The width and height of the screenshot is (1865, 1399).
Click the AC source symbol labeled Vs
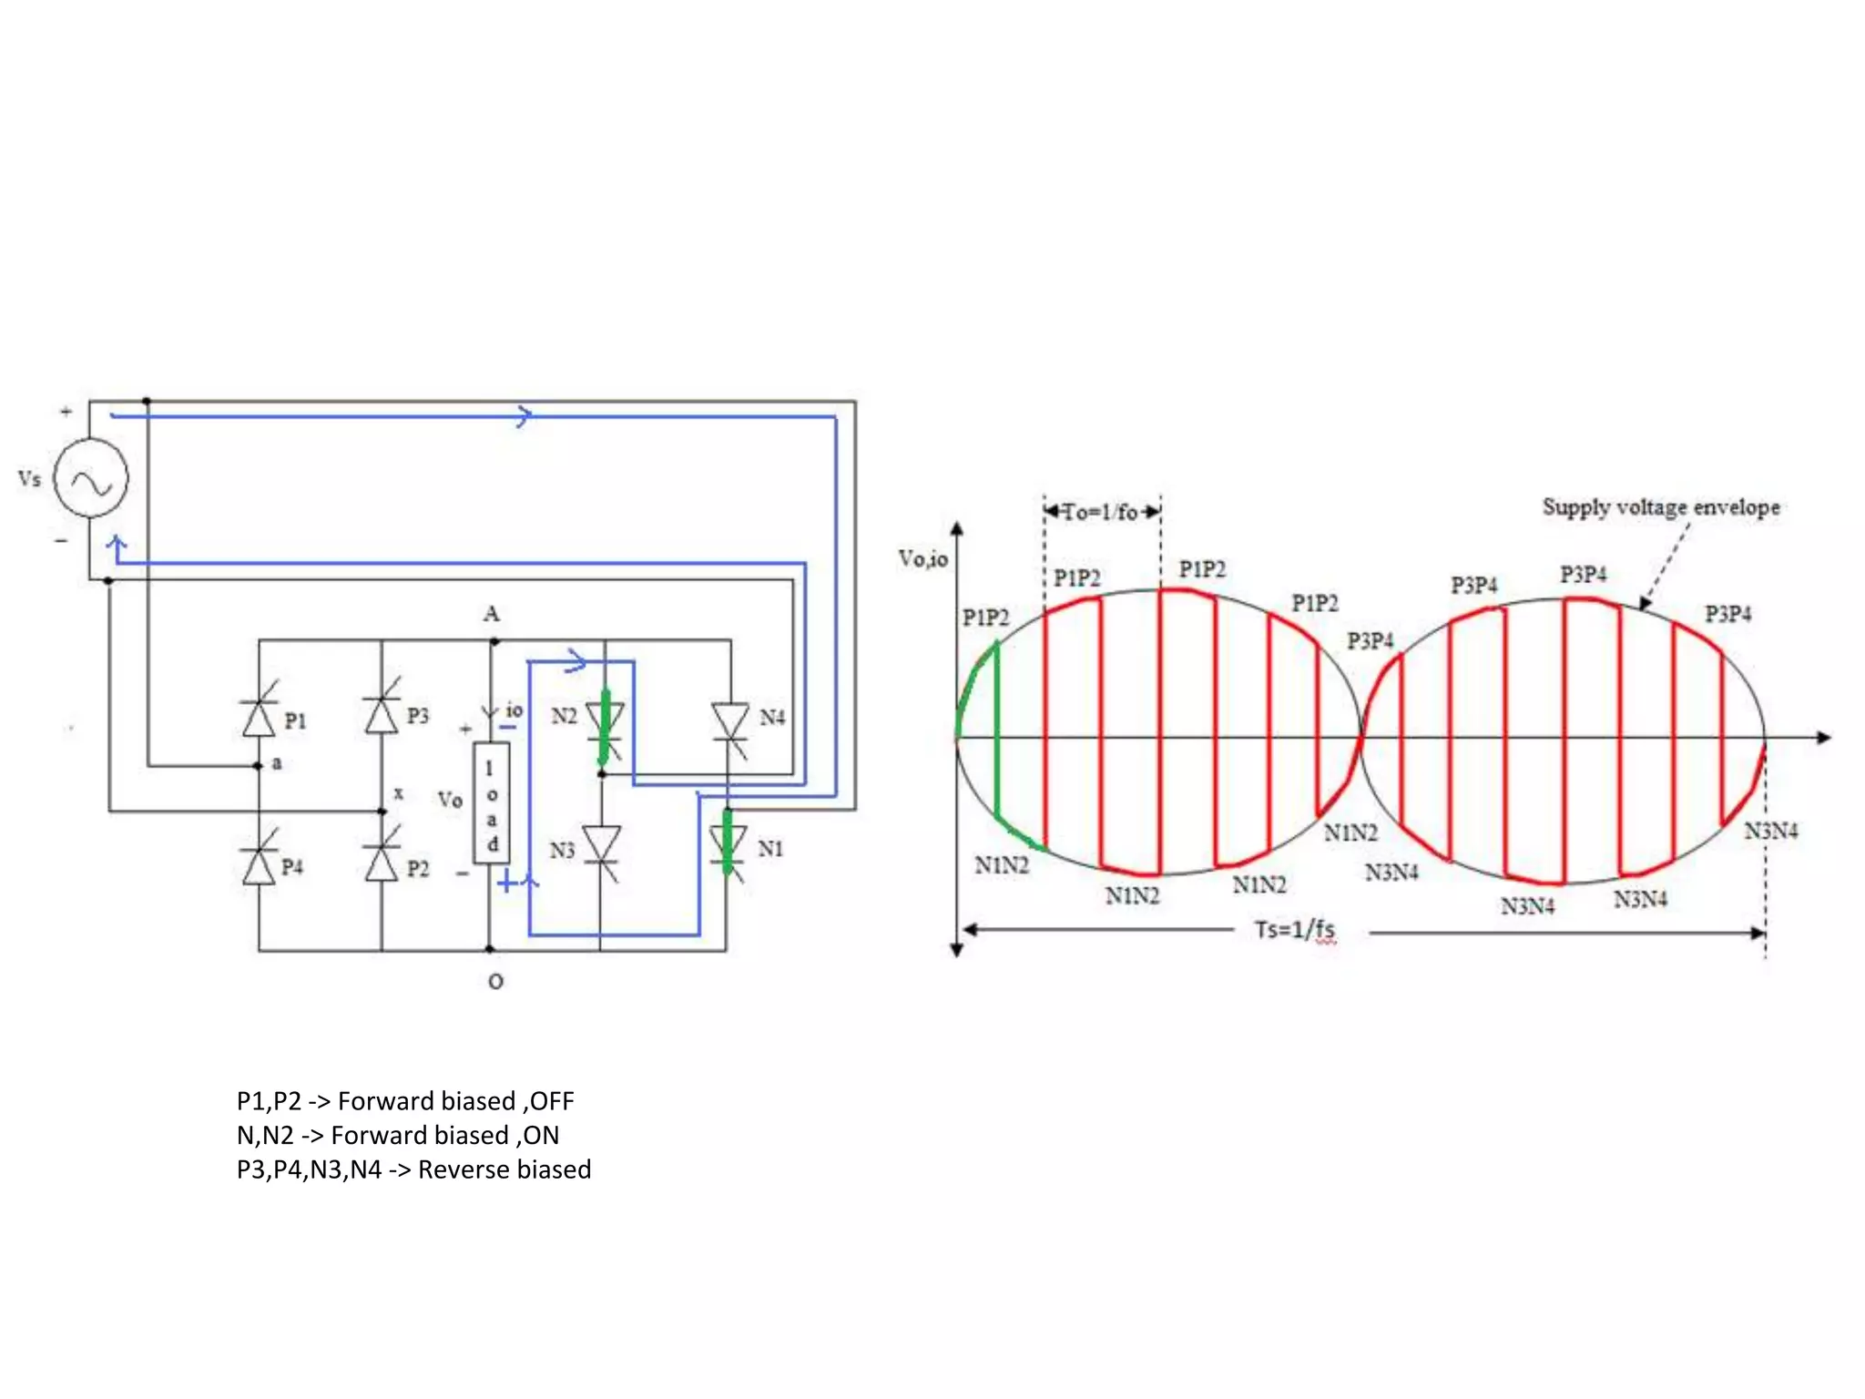[x=90, y=478]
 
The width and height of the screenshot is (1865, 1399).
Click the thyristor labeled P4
[x=259, y=865]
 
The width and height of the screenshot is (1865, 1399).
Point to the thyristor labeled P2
[x=382, y=863]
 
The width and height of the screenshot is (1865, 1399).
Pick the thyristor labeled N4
[x=729, y=721]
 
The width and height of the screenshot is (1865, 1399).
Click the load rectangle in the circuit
[x=491, y=802]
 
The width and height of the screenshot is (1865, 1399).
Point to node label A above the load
[x=492, y=614]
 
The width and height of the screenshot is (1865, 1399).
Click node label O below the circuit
[x=495, y=982]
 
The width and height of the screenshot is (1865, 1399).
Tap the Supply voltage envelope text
[x=1660, y=507]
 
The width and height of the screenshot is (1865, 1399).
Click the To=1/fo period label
[x=1101, y=512]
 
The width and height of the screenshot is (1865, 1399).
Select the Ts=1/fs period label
[x=1294, y=929]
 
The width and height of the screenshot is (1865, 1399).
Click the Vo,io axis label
[x=922, y=558]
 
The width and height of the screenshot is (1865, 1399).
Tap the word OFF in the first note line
[x=552, y=1101]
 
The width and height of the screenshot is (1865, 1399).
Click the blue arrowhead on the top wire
[x=525, y=416]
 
